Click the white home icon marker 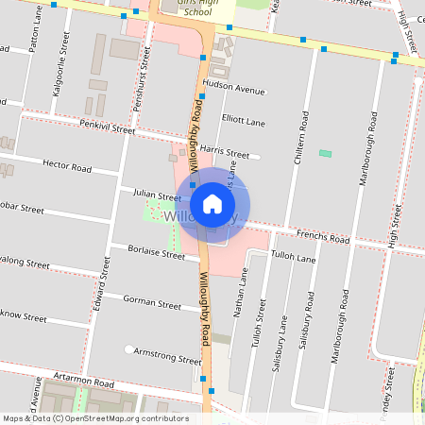212,203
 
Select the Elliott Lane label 243,121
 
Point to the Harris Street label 224,152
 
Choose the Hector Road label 67,167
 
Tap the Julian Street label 156,195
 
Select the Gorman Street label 152,304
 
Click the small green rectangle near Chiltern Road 326,153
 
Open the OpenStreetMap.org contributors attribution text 127,417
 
